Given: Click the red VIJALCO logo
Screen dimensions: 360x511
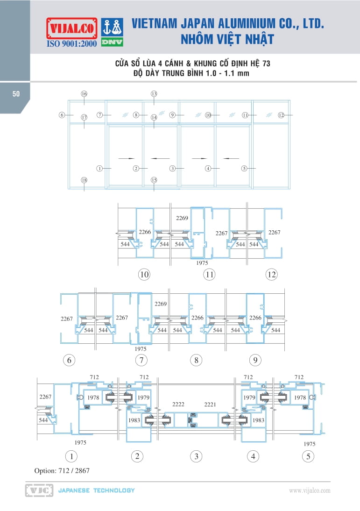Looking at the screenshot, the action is click(x=72, y=28).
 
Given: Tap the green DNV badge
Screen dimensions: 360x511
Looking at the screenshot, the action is click(x=112, y=42).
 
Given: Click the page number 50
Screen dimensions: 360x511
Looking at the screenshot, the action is click(x=16, y=94).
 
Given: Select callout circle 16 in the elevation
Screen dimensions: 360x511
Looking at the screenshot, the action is click(x=84, y=94).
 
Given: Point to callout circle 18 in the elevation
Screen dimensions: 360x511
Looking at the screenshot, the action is click(x=84, y=180).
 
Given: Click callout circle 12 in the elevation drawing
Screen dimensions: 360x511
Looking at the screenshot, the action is click(x=281, y=115).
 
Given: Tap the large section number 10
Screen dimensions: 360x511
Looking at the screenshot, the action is click(x=144, y=274).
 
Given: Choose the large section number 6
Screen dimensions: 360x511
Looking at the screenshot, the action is click(x=69, y=360).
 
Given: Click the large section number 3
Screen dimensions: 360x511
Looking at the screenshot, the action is click(x=196, y=456).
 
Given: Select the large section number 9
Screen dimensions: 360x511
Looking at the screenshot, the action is click(x=255, y=360).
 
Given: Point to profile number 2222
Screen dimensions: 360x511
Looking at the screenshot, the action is click(x=178, y=405).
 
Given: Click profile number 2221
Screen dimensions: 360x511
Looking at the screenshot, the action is click(x=210, y=405).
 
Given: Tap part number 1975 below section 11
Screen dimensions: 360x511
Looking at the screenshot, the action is click(x=202, y=263).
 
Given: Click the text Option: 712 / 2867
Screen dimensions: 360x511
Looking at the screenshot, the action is click(x=62, y=470).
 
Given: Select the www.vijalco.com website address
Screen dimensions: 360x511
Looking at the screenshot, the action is click(x=310, y=490).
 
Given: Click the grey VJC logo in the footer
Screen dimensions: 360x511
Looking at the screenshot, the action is click(x=39, y=490).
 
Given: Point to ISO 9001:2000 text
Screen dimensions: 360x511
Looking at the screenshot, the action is click(x=72, y=43).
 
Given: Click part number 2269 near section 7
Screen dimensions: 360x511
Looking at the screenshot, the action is click(x=161, y=304).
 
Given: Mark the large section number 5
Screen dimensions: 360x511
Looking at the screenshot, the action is click(x=308, y=456).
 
